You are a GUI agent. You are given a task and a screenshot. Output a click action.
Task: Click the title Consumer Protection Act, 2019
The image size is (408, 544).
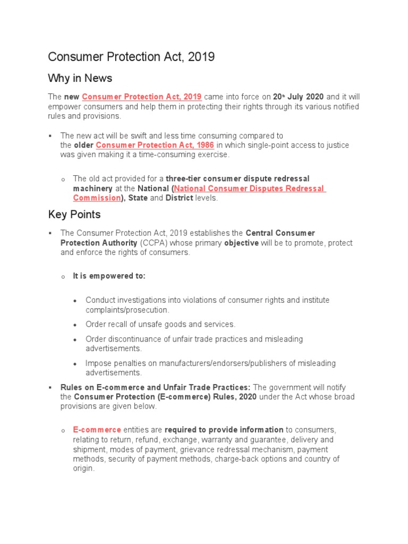(131, 57)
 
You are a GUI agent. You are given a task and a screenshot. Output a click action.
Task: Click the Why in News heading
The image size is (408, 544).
(80, 79)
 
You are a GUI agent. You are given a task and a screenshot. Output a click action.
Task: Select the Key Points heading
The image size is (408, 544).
(74, 215)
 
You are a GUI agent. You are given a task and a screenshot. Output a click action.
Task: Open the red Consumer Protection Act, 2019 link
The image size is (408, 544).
(142, 97)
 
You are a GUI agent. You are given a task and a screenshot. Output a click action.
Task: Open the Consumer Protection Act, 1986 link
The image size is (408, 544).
(155, 145)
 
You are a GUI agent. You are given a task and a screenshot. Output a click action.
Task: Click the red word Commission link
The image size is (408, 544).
(97, 198)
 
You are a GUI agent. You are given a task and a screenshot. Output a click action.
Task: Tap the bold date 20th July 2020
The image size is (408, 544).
(298, 97)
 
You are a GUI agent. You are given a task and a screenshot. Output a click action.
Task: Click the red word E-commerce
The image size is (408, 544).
(97, 430)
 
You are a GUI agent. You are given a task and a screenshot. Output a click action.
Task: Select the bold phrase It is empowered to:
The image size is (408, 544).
(109, 276)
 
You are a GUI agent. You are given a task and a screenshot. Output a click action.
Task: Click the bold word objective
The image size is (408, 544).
(241, 243)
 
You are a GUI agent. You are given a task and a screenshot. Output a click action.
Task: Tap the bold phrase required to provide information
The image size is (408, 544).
(224, 430)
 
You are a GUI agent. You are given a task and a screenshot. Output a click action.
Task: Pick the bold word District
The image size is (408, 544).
(179, 198)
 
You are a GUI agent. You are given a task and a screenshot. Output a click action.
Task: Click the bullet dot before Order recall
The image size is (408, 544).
(75, 325)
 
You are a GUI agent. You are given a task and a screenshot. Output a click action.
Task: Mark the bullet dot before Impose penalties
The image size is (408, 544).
(75, 364)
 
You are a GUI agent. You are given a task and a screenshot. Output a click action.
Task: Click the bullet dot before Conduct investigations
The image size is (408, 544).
(75, 301)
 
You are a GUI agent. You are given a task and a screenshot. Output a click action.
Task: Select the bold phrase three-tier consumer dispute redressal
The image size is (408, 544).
(237, 178)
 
